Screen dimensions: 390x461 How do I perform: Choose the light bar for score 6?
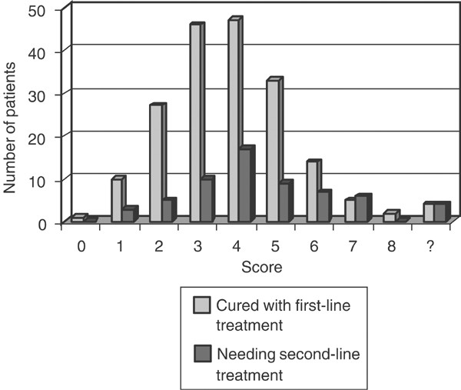coord(312,192)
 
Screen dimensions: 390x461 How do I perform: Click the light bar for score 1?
coord(116,201)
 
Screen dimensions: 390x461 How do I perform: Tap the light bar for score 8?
coord(390,217)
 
